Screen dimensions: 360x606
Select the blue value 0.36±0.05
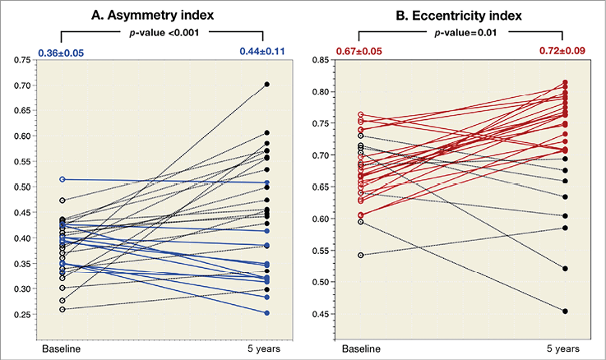click(x=60, y=53)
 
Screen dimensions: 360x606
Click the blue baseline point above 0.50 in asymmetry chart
click(x=62, y=179)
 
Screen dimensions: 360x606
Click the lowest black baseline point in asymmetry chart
click(x=62, y=309)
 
